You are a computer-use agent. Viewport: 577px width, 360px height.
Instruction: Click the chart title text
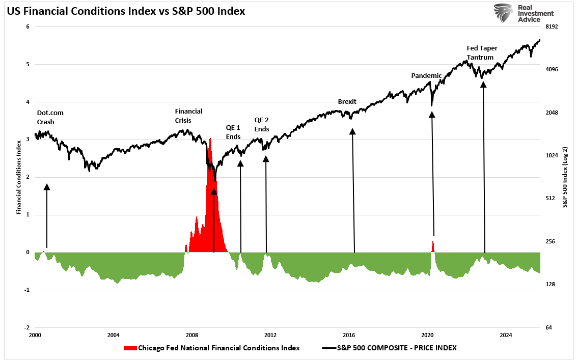click(126, 11)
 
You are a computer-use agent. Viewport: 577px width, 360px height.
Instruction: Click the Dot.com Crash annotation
click(50, 117)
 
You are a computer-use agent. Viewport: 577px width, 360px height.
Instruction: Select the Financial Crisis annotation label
click(188, 116)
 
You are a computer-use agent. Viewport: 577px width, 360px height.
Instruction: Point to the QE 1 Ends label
click(233, 132)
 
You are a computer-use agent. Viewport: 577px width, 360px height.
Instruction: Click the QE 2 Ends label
click(261, 124)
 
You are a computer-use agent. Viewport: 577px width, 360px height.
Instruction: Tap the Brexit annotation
click(347, 101)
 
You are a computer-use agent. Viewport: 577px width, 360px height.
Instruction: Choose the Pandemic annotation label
click(426, 75)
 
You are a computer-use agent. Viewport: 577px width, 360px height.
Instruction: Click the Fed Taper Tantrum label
click(482, 52)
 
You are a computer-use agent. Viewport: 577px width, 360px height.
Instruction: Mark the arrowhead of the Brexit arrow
click(352, 131)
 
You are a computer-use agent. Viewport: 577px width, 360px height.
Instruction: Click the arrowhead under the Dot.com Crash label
click(47, 187)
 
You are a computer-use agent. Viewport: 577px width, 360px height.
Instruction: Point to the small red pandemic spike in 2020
click(433, 246)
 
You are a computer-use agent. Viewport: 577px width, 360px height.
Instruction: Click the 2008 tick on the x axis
click(191, 335)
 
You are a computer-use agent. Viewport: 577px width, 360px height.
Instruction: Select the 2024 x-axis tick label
click(506, 335)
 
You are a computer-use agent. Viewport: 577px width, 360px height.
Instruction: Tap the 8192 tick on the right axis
click(552, 26)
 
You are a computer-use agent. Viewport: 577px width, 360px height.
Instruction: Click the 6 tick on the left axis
click(28, 26)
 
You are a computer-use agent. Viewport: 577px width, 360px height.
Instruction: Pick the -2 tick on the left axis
click(27, 327)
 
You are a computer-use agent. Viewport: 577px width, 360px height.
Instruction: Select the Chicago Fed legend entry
click(211, 348)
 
